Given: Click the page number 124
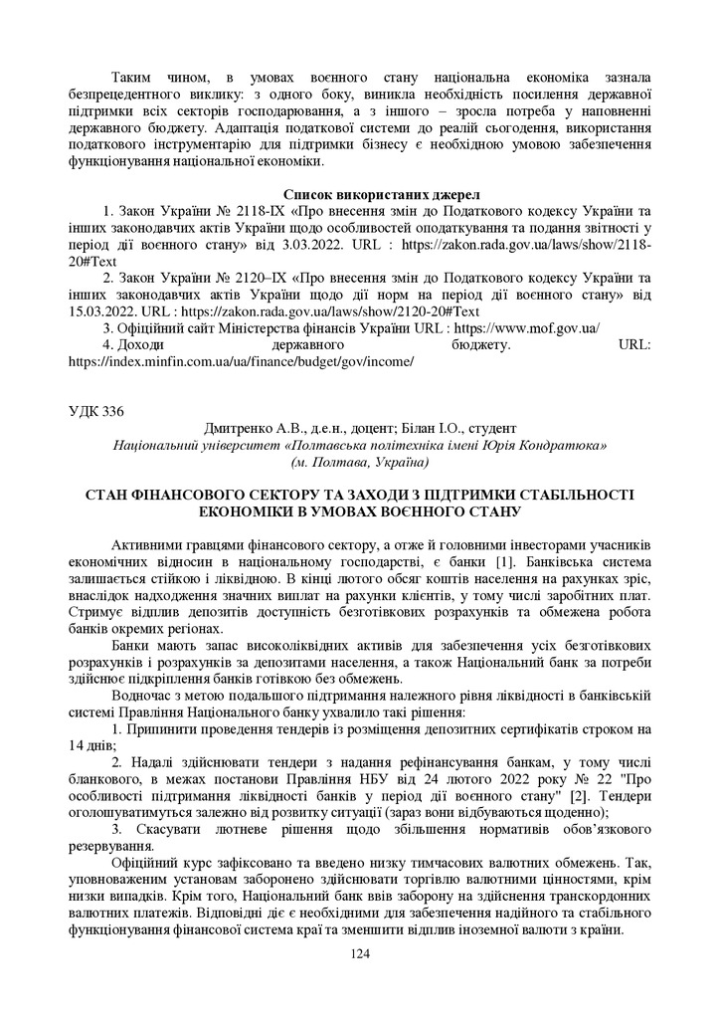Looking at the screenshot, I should point(360,954).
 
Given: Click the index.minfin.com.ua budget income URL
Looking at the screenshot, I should point(240,360).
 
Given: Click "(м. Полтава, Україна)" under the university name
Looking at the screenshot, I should point(359,462).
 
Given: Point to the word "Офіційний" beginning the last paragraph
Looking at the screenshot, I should point(148,863).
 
